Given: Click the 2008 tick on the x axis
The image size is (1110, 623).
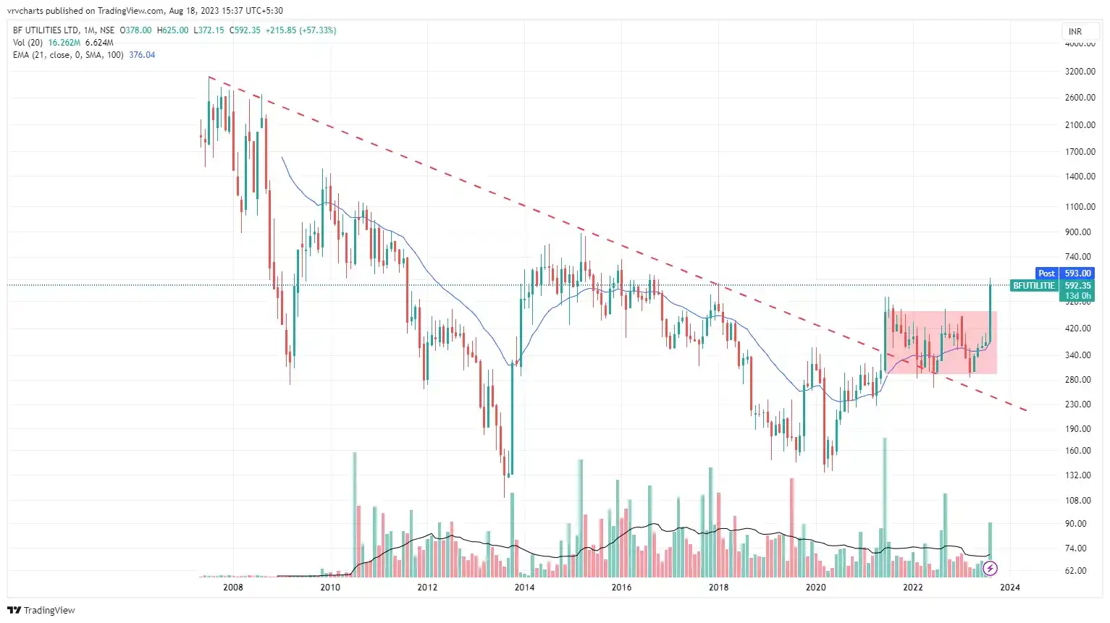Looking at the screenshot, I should click(x=233, y=587).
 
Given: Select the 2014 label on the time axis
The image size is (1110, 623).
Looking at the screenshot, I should click(x=524, y=587).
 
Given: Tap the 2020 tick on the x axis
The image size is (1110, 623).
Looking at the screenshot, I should click(x=816, y=587).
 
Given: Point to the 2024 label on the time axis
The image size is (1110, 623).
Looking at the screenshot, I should click(x=1010, y=587).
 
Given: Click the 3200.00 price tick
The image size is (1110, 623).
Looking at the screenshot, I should click(x=1080, y=72).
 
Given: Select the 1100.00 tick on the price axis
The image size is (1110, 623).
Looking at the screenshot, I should click(x=1080, y=207).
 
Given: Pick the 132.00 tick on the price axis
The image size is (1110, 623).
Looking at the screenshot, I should click(x=1079, y=475).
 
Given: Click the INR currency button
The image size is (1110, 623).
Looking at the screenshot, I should click(x=1075, y=31).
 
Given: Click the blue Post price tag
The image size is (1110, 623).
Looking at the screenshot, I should click(x=1047, y=274).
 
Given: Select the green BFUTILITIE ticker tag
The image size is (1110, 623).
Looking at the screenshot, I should click(x=1034, y=286).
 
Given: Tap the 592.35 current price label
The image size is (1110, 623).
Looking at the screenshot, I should click(x=1077, y=286).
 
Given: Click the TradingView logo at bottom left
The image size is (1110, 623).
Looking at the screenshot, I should click(x=41, y=610).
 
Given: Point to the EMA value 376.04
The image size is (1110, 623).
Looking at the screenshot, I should click(x=142, y=55).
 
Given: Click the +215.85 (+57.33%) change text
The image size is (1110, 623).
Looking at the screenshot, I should click(x=300, y=30).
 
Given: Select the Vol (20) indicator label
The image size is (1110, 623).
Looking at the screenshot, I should click(x=28, y=43).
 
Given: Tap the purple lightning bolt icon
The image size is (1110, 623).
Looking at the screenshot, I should click(x=990, y=569).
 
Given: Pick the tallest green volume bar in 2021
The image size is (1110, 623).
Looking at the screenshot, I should click(x=885, y=507).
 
